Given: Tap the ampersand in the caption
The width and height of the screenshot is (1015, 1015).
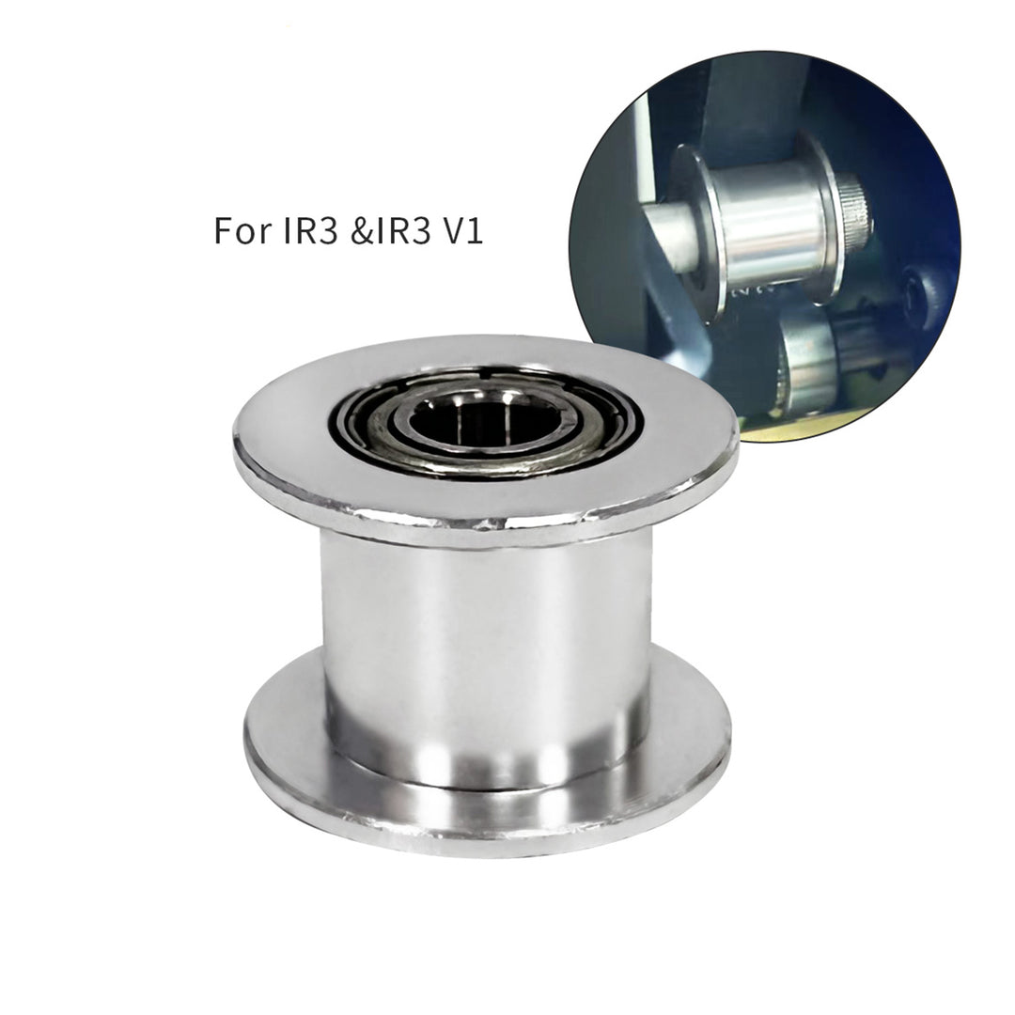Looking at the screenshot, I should click(363, 230).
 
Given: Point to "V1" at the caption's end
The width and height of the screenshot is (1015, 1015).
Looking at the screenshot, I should click(461, 230).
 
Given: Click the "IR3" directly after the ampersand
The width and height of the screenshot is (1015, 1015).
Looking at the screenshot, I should click(403, 230).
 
